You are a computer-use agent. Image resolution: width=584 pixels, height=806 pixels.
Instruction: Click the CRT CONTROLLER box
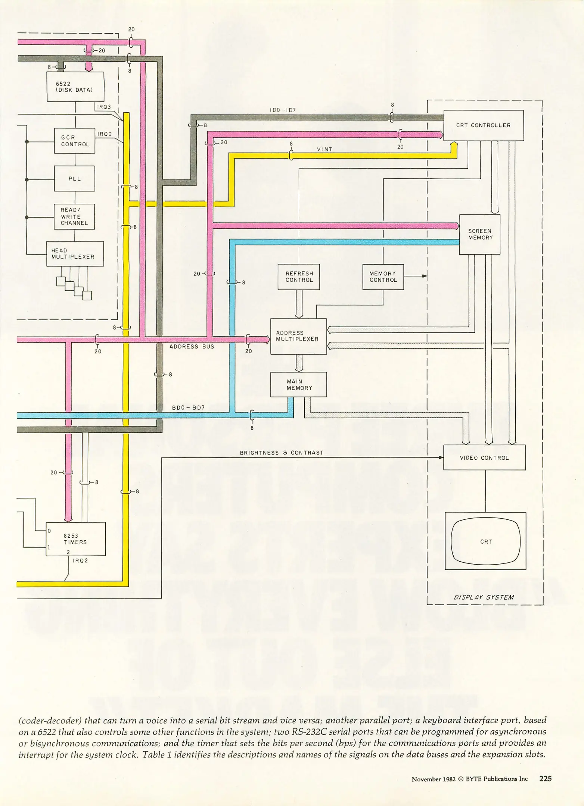click(x=483, y=125)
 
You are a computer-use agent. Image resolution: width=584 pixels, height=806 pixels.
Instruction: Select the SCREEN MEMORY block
click(x=480, y=234)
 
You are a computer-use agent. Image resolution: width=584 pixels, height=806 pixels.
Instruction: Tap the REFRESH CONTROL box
click(x=299, y=277)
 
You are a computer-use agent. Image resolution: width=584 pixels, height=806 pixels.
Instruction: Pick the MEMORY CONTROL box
click(x=383, y=277)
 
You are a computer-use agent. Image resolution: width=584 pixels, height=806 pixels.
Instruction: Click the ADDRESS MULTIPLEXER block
click(x=298, y=336)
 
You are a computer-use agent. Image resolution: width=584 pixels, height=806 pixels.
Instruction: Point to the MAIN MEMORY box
click(x=298, y=385)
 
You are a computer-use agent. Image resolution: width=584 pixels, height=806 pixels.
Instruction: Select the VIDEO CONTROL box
click(x=484, y=457)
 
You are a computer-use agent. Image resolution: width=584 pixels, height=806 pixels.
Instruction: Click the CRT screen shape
click(x=485, y=541)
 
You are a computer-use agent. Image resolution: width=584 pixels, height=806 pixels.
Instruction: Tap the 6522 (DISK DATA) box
click(x=75, y=87)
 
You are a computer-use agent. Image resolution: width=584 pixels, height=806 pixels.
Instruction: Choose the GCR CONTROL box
click(x=75, y=141)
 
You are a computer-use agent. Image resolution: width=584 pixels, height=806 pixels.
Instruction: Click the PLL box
click(x=75, y=179)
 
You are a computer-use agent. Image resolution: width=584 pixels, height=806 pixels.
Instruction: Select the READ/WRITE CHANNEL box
click(x=74, y=216)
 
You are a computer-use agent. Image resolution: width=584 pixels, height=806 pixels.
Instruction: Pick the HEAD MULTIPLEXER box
click(x=75, y=254)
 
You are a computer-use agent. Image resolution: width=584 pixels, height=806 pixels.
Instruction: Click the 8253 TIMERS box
click(x=75, y=539)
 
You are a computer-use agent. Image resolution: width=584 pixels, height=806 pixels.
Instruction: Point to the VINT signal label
click(x=324, y=149)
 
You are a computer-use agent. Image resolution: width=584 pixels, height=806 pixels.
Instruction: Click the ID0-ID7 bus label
click(x=282, y=110)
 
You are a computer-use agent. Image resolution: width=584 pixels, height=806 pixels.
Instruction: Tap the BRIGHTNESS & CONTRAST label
click(x=281, y=453)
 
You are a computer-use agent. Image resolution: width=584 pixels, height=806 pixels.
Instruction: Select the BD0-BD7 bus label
click(x=188, y=407)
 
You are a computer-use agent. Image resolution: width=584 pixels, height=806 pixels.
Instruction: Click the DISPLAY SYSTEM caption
click(x=484, y=597)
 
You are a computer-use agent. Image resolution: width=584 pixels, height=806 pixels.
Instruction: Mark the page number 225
click(x=545, y=778)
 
